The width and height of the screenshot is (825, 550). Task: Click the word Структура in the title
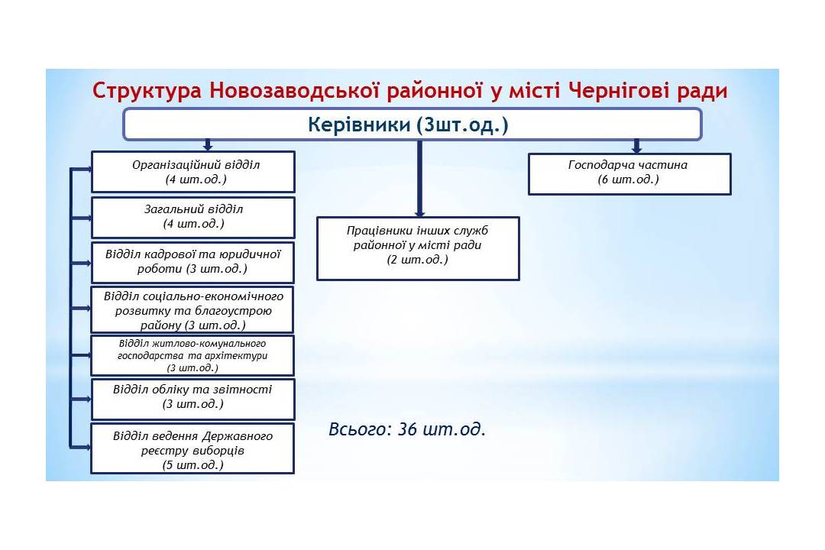pyautogui.click(x=147, y=91)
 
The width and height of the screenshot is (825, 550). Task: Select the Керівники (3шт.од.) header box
pyautogui.click(x=412, y=125)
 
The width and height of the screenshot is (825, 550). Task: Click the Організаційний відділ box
pyautogui.click(x=193, y=172)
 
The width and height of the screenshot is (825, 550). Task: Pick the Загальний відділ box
pyautogui.click(x=193, y=218)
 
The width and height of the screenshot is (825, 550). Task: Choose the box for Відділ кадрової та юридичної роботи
pyautogui.click(x=192, y=262)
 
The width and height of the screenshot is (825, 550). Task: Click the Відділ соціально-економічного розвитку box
pyautogui.click(x=192, y=310)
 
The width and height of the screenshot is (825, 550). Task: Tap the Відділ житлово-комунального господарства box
pyautogui.click(x=192, y=355)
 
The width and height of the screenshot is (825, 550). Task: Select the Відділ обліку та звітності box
pyautogui.click(x=192, y=399)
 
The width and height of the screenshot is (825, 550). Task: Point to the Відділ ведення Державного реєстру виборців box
pyautogui.click(x=192, y=449)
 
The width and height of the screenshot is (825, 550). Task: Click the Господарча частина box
pyautogui.click(x=629, y=173)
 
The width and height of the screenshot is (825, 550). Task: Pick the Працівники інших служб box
pyautogui.click(x=419, y=248)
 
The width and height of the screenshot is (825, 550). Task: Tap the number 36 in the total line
pyautogui.click(x=407, y=429)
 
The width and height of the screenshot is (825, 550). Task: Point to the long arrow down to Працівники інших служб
pyautogui.click(x=419, y=179)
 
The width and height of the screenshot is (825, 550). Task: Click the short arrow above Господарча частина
pyautogui.click(x=636, y=147)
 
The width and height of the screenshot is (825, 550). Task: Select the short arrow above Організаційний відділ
pyautogui.click(x=208, y=145)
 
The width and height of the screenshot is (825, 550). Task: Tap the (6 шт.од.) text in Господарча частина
pyautogui.click(x=628, y=180)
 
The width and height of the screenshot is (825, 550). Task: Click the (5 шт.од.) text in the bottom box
pyautogui.click(x=193, y=464)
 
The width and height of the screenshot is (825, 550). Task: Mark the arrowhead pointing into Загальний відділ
pyautogui.click(x=88, y=218)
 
